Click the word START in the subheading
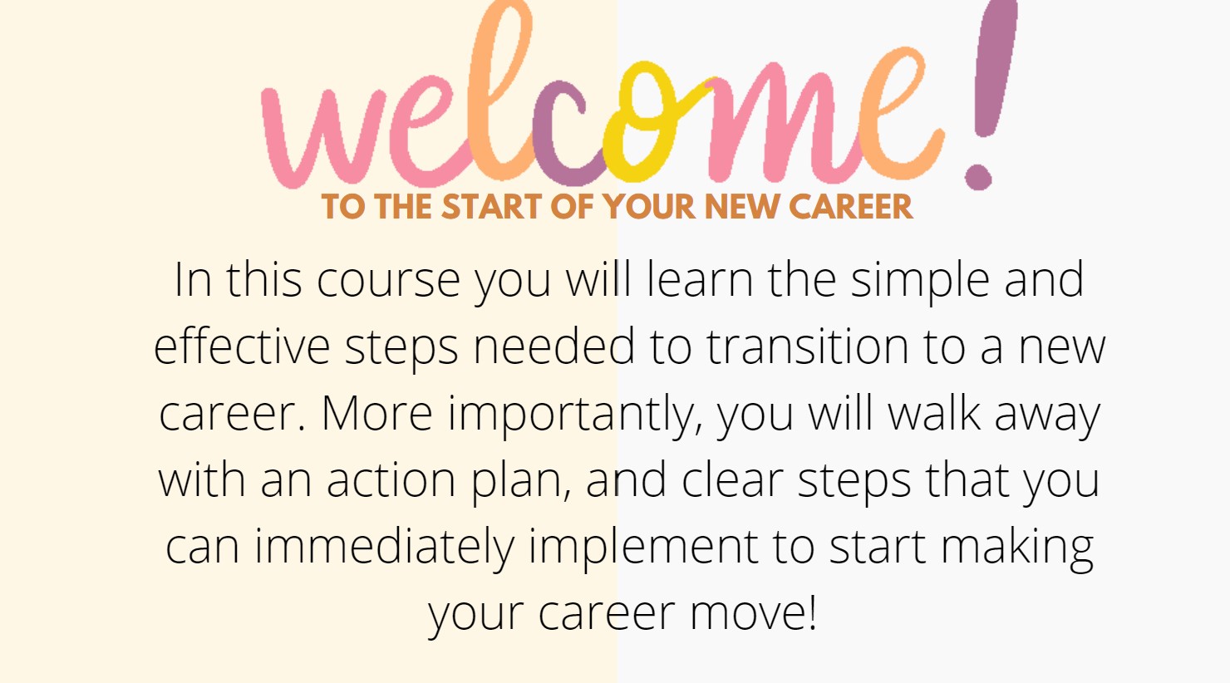(x=492, y=207)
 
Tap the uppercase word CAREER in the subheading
(x=850, y=207)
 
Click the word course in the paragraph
(x=388, y=281)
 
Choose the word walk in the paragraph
(x=934, y=414)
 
